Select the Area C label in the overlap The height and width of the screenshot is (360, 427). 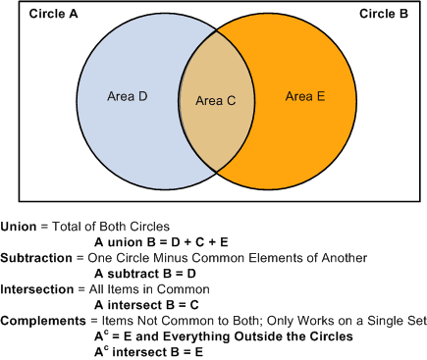click(215, 100)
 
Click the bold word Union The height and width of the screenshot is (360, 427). click(18, 227)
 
